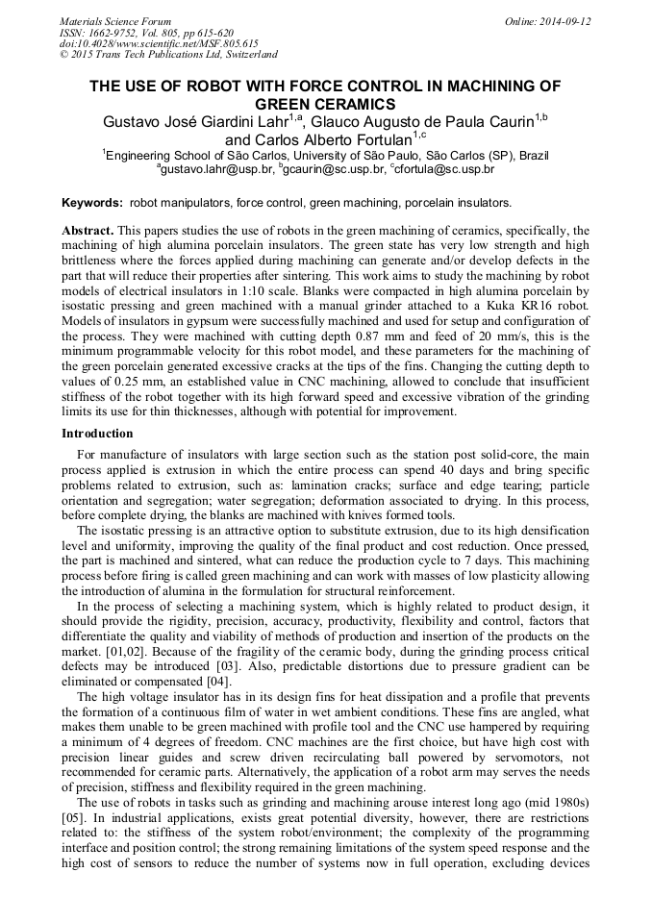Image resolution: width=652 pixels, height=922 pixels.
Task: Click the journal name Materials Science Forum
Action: [x=115, y=20]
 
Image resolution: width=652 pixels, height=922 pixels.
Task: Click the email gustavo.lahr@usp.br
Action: [x=216, y=169]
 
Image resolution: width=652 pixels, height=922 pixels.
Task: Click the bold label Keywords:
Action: [x=92, y=203]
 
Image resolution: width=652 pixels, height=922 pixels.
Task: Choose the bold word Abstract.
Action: [x=88, y=232]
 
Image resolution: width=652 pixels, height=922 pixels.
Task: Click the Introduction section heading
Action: [x=97, y=434]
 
